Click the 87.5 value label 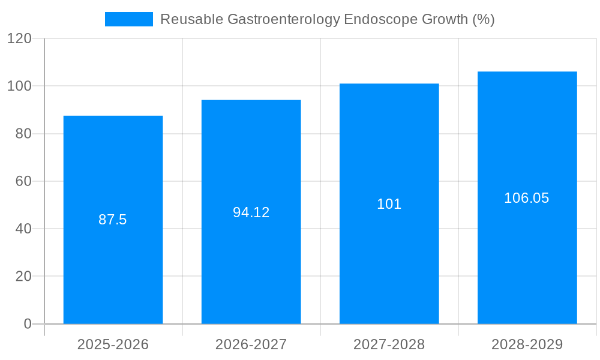(113, 220)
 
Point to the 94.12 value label (251, 212)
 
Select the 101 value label (389, 204)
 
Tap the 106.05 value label (527, 198)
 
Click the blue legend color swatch (129, 19)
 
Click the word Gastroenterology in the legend (284, 19)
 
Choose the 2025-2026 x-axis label (113, 344)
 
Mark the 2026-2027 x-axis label (251, 344)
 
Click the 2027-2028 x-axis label (389, 344)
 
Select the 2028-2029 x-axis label (527, 344)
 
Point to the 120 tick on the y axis (19, 38)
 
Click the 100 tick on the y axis (19, 86)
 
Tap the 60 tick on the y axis (23, 181)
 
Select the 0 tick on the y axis (27, 324)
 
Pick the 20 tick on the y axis (23, 277)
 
